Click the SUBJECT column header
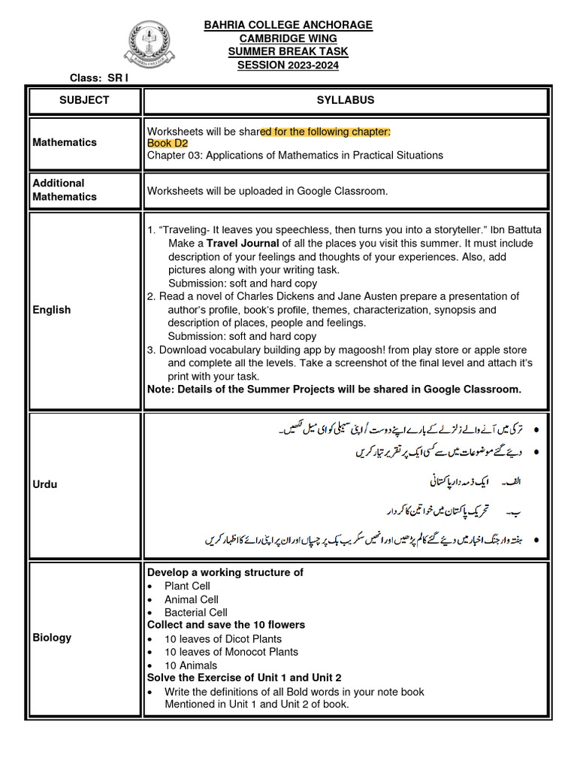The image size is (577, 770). pos(85,100)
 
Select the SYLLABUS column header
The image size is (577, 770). pos(345,100)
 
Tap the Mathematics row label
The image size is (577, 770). pos(65,142)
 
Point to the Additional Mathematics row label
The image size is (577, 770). pos(65,189)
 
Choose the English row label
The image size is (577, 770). pos(52,309)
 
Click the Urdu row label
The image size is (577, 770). pos(45,484)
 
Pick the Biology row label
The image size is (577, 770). pos(52,638)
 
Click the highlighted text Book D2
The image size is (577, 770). pos(168,143)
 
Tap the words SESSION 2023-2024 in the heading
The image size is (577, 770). pos(288,65)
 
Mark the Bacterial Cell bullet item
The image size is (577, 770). pos(195,613)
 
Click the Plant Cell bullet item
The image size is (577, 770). pos(187,586)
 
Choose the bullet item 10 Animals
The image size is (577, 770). pos(191,665)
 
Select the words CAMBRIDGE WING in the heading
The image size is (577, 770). pos(288,38)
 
